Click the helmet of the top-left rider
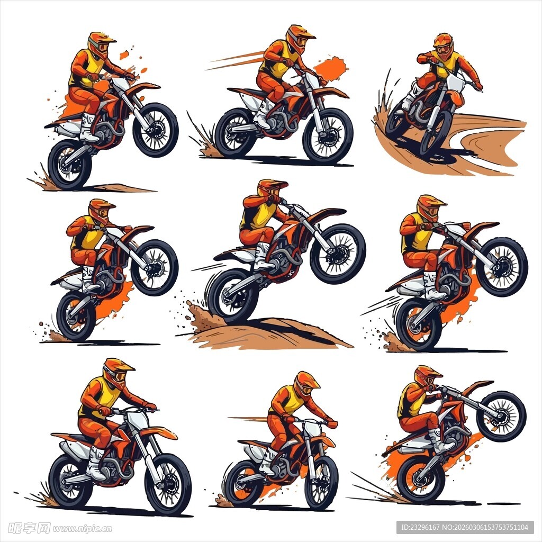coord(101,45)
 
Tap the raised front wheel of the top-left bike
coord(156,130)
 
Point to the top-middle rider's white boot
coord(264,113)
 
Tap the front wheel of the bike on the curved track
coord(436,133)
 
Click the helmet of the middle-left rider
coord(100,211)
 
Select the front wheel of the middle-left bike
coord(155,267)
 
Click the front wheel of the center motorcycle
coord(338,254)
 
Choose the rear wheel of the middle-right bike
coord(419,324)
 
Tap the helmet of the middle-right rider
coord(430,207)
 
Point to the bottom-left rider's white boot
coord(95,463)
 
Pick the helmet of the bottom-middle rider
coord(306,385)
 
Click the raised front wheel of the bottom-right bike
coord(501,416)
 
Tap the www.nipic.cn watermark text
coord(82,529)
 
